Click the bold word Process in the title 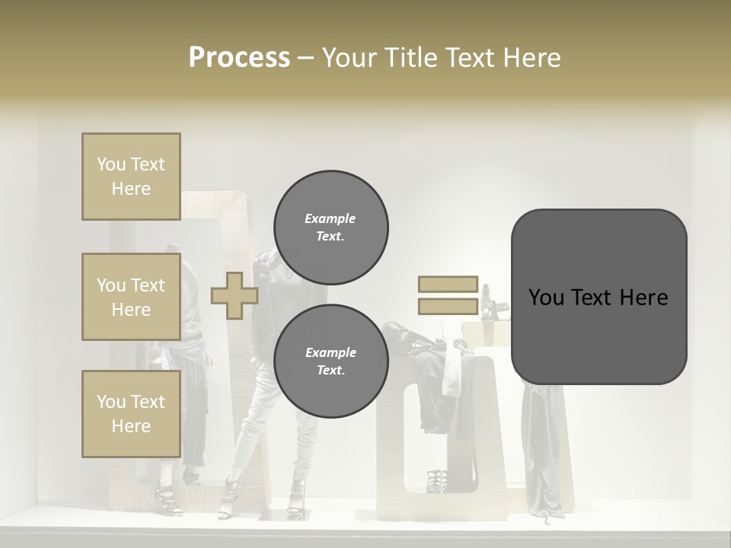click(239, 58)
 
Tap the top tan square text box click(131, 177)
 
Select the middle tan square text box click(131, 297)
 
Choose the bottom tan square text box click(131, 414)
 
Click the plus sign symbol click(234, 296)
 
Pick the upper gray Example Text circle click(330, 227)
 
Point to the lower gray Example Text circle click(330, 361)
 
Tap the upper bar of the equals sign click(448, 285)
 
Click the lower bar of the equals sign click(448, 307)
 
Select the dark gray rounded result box click(599, 297)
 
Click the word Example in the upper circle click(330, 218)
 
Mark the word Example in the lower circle click(330, 352)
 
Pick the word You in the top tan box click(110, 164)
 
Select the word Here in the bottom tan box click(131, 426)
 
